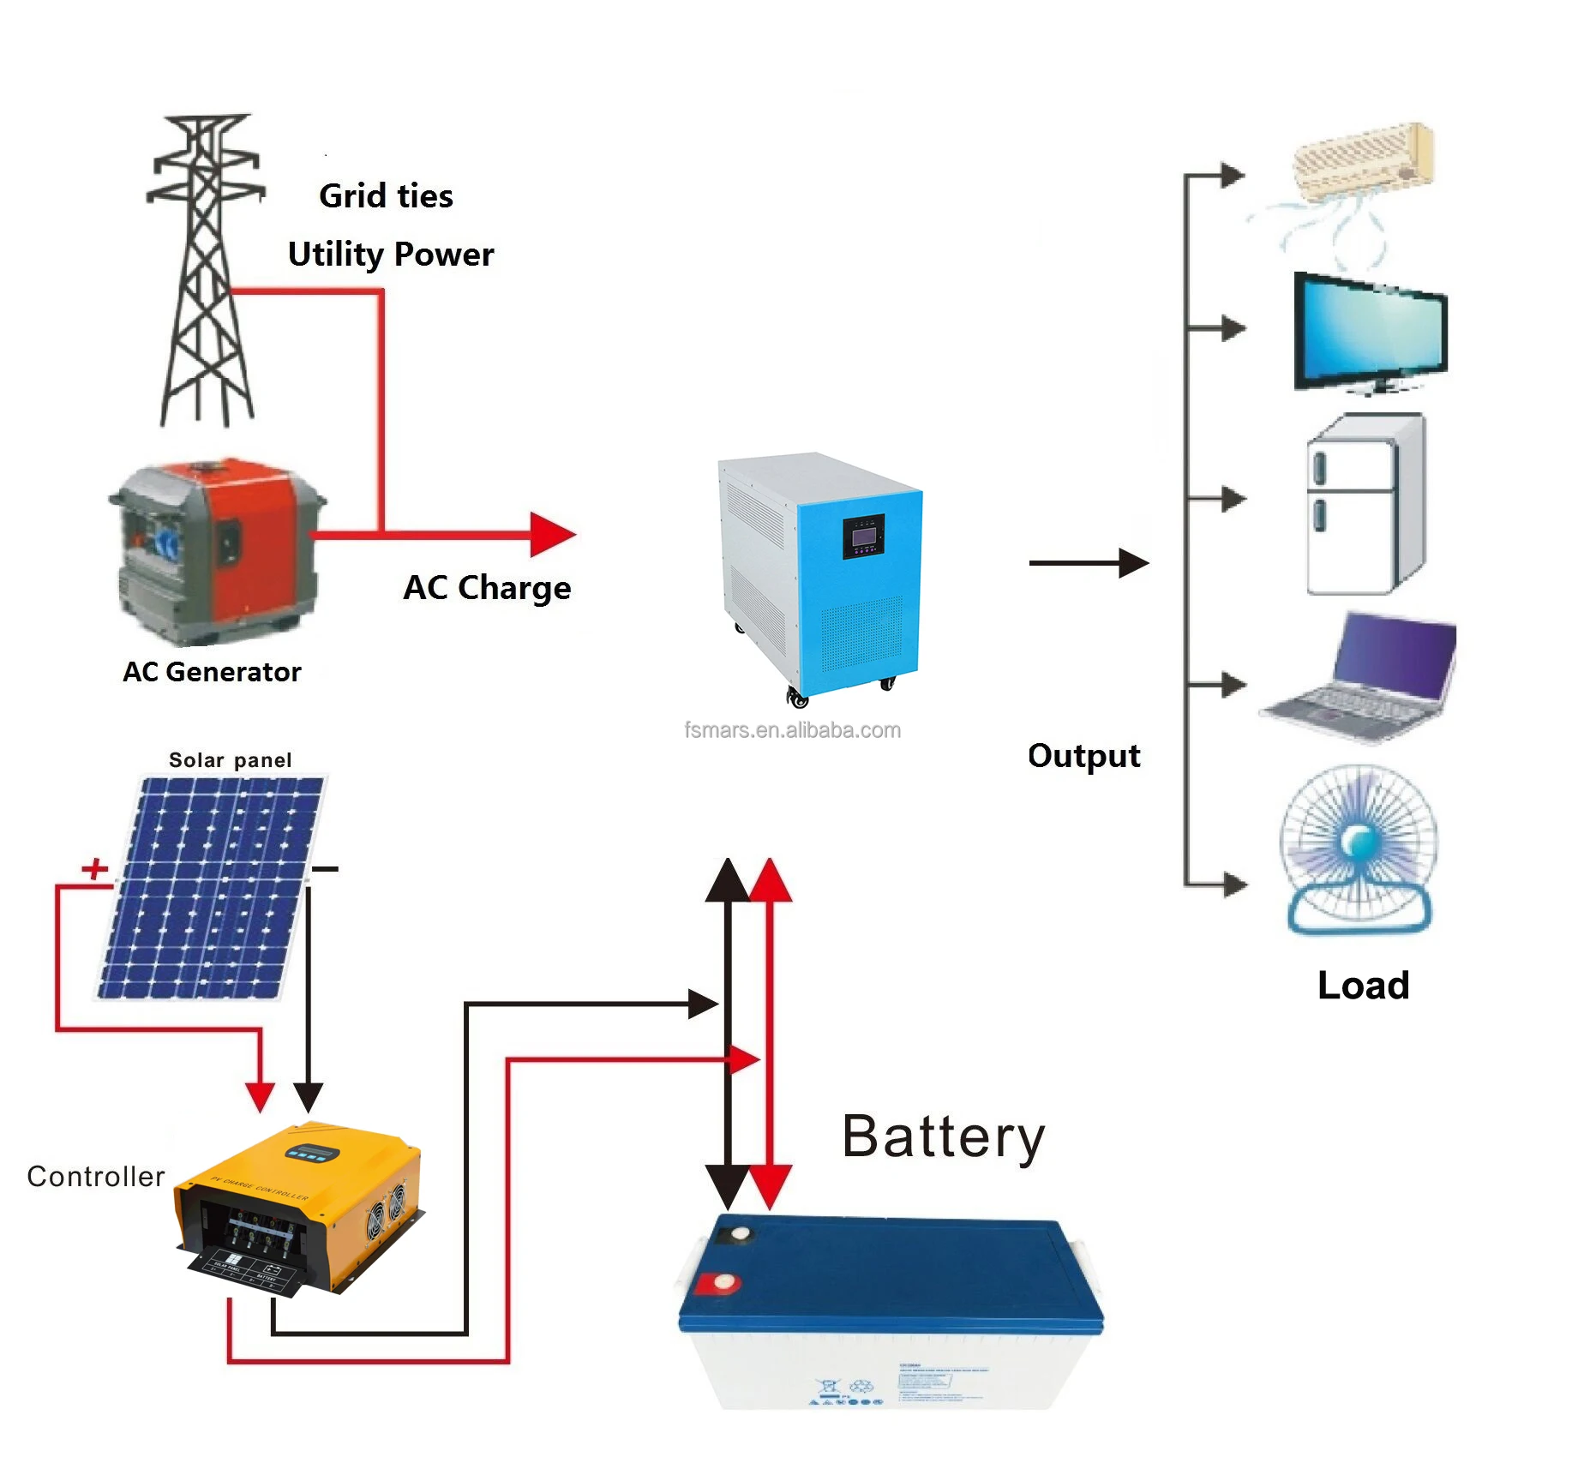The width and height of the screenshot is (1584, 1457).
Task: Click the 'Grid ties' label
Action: pyautogui.click(x=386, y=196)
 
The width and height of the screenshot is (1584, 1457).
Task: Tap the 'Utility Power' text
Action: pyautogui.click(x=391, y=255)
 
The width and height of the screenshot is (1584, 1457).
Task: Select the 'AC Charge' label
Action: pyautogui.click(x=487, y=588)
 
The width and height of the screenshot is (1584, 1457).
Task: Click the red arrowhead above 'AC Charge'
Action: pyautogui.click(x=551, y=535)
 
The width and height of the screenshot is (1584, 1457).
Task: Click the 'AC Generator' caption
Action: pyautogui.click(x=212, y=672)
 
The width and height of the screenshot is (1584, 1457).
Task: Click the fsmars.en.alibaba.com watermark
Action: pyautogui.click(x=792, y=730)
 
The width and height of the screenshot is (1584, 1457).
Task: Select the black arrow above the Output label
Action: pyautogui.click(x=1089, y=563)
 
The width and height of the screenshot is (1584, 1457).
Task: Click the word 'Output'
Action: pyautogui.click(x=1083, y=756)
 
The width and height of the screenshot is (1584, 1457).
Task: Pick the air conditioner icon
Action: pyautogui.click(x=1363, y=163)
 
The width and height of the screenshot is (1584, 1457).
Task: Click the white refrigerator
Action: pyautogui.click(x=1365, y=506)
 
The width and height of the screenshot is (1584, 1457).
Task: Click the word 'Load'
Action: pyautogui.click(x=1363, y=986)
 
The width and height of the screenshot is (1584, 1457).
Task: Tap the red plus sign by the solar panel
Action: pyautogui.click(x=95, y=869)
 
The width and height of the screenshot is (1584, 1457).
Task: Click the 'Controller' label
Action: pyautogui.click(x=95, y=1177)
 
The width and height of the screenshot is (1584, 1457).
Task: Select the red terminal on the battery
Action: pyautogui.click(x=718, y=1283)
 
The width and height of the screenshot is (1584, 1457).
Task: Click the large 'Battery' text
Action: pyautogui.click(x=943, y=1137)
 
